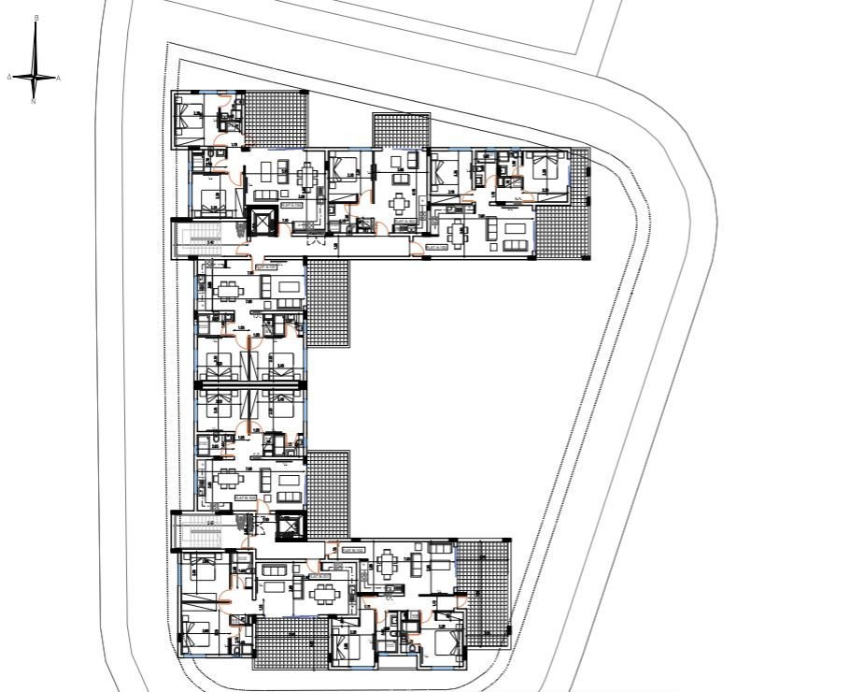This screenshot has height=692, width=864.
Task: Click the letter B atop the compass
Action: tap(35, 18)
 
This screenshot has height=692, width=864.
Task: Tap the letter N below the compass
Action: tap(34, 101)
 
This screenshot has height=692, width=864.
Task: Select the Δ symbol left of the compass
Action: tap(9, 77)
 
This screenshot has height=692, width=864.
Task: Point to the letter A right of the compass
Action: tap(59, 79)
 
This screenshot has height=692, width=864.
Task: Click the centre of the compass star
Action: tap(35, 77)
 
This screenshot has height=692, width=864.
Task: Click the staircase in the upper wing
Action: tap(200, 239)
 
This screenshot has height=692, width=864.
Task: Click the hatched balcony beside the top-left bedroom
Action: tap(275, 119)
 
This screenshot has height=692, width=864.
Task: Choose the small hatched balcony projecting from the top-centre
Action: tap(401, 130)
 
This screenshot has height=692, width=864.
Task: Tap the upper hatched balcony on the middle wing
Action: tap(327, 303)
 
